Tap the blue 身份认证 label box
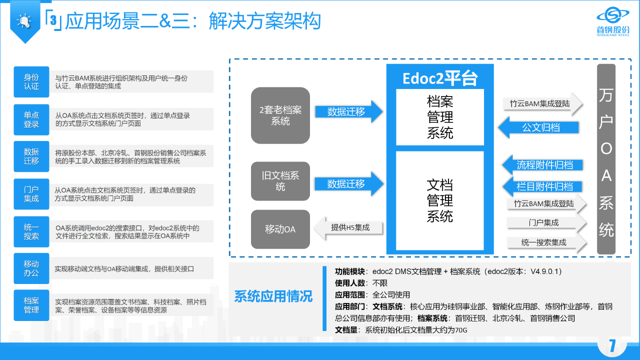pos(31,82)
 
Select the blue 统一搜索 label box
pos(31,231)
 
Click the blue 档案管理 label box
pos(31,305)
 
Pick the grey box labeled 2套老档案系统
pos(280,115)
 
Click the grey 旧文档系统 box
pos(280,181)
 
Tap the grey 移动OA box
pos(280,229)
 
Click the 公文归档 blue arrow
pos(539,127)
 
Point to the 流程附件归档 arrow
pos(542,165)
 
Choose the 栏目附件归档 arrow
pos(542,186)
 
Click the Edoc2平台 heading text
pos(440,78)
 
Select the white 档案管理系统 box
pos(440,117)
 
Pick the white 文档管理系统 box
pos(440,200)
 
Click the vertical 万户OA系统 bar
pos(606,159)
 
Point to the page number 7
pos(612,345)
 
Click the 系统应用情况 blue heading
pos(273,296)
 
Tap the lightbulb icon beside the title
pos(23,20)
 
